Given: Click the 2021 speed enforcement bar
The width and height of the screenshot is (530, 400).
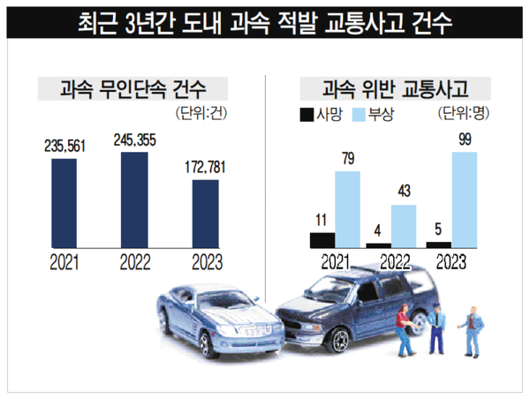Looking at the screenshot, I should click(x=64, y=205).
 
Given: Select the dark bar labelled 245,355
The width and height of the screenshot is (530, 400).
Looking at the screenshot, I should click(x=134, y=201).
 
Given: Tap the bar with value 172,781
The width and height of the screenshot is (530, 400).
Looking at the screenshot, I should click(x=205, y=215).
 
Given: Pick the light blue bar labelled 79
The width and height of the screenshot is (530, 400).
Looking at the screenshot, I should click(x=347, y=209).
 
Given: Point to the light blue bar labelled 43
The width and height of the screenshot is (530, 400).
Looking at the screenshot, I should click(x=403, y=226).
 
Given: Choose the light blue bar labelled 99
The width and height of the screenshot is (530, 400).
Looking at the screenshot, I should click(x=465, y=200).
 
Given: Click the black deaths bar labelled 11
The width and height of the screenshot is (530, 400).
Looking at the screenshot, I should click(x=322, y=239).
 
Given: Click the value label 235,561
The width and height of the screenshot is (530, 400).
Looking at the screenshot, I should click(x=64, y=147).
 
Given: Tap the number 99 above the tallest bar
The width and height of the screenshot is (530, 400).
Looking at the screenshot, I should click(x=465, y=140).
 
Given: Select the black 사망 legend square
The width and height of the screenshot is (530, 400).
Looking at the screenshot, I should click(x=307, y=114).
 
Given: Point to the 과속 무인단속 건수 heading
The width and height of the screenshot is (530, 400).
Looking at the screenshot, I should click(x=132, y=89).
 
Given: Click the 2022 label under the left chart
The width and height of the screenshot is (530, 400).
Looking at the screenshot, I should click(x=134, y=262).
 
